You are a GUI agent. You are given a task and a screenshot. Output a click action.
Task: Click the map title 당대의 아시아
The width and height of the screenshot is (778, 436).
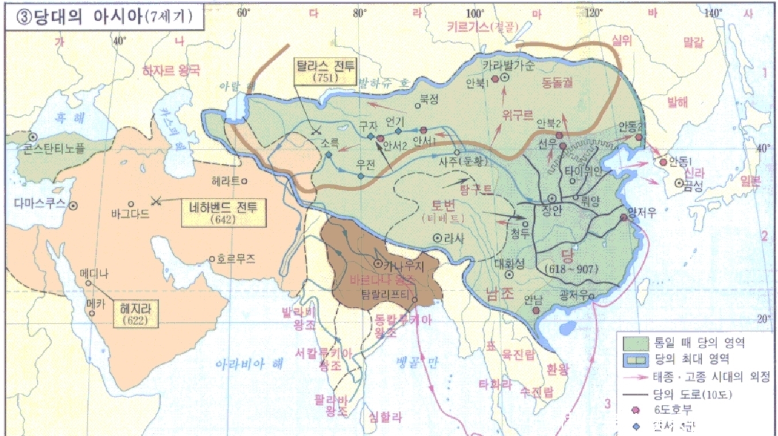pos(103,17)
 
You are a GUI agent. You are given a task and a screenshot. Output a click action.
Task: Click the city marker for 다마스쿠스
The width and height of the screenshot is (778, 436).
pos(74,204)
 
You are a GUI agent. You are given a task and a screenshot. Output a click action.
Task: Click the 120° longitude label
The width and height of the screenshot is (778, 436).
pos(592,12)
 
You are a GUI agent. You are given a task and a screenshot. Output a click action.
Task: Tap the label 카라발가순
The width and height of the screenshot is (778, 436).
pos(508,65)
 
